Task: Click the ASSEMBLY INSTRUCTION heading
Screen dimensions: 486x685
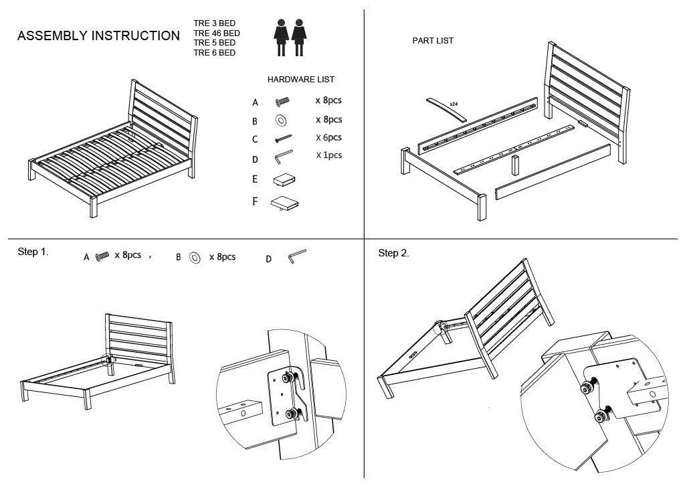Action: tap(98, 36)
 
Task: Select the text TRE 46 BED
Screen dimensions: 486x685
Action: tap(217, 33)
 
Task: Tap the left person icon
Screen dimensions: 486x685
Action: tap(281, 37)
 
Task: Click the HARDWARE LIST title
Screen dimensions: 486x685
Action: tap(301, 79)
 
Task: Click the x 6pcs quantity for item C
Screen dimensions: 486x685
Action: tap(328, 137)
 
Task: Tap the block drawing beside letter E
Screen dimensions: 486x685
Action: tap(284, 179)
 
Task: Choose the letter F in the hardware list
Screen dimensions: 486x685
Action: tap(255, 201)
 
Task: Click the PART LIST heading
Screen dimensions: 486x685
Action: tap(433, 41)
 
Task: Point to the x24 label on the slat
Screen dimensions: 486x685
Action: tap(454, 104)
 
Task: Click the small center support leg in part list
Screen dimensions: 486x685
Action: tap(516, 166)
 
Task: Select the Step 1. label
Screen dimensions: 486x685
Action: tap(33, 252)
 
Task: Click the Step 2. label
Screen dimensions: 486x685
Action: tap(393, 253)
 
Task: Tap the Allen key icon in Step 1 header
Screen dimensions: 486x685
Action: tap(296, 257)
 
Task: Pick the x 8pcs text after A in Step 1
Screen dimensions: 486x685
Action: tap(128, 255)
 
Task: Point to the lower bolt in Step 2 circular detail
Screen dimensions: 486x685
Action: tap(600, 418)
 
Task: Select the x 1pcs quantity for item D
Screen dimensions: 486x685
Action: tap(328, 155)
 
